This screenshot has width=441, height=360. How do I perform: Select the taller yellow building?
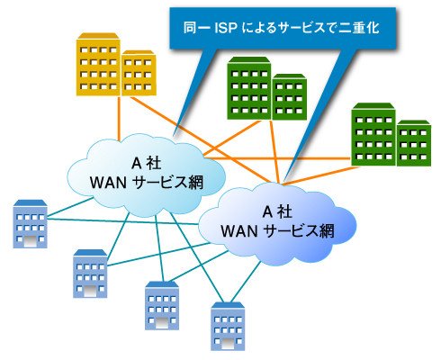(98, 64)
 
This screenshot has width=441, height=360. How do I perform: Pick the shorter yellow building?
(139, 73)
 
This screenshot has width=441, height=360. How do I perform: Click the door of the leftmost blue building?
(30, 241)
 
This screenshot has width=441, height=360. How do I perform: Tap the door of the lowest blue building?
(228, 344)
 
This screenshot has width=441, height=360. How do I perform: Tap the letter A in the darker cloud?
(267, 212)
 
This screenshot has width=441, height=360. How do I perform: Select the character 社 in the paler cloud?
(154, 164)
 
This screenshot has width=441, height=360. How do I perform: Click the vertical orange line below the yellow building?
(119, 118)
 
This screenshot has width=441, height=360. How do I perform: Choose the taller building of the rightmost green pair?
(373, 134)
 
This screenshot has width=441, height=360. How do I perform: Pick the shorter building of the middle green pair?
(290, 97)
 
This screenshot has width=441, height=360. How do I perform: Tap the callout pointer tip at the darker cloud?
(285, 179)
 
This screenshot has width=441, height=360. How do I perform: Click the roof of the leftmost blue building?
(30, 203)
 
